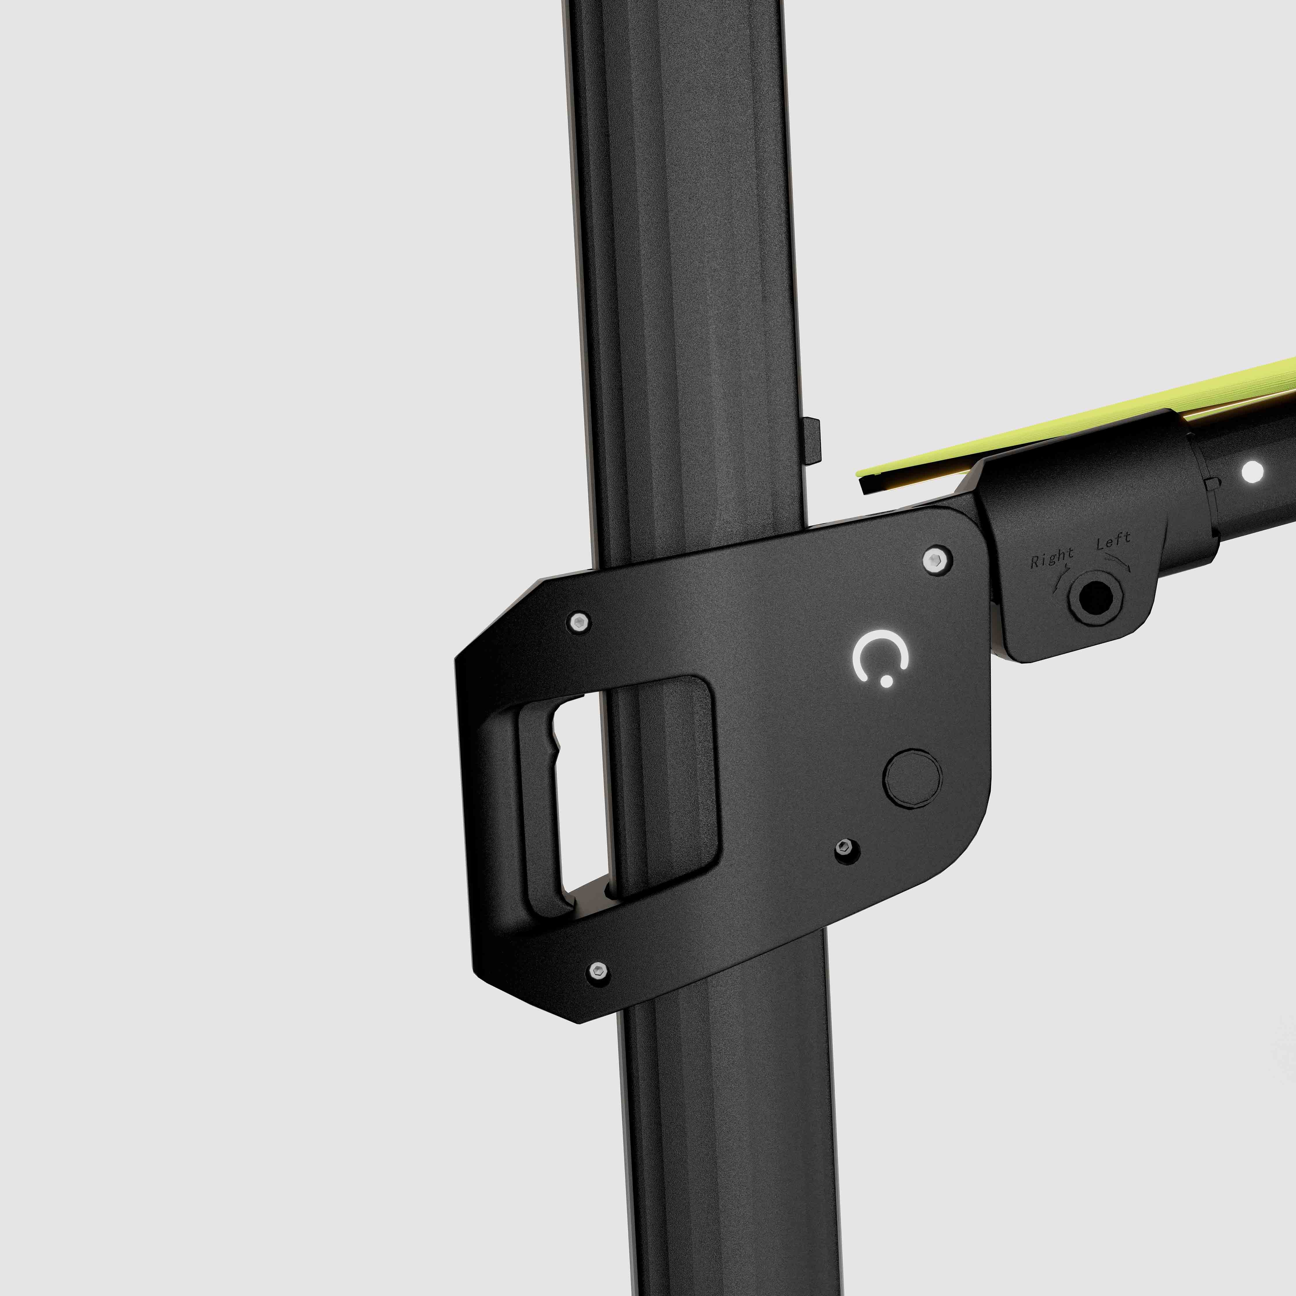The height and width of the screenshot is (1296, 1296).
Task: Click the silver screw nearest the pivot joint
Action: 936,559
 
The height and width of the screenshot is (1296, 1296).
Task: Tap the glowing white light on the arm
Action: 1253,472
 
